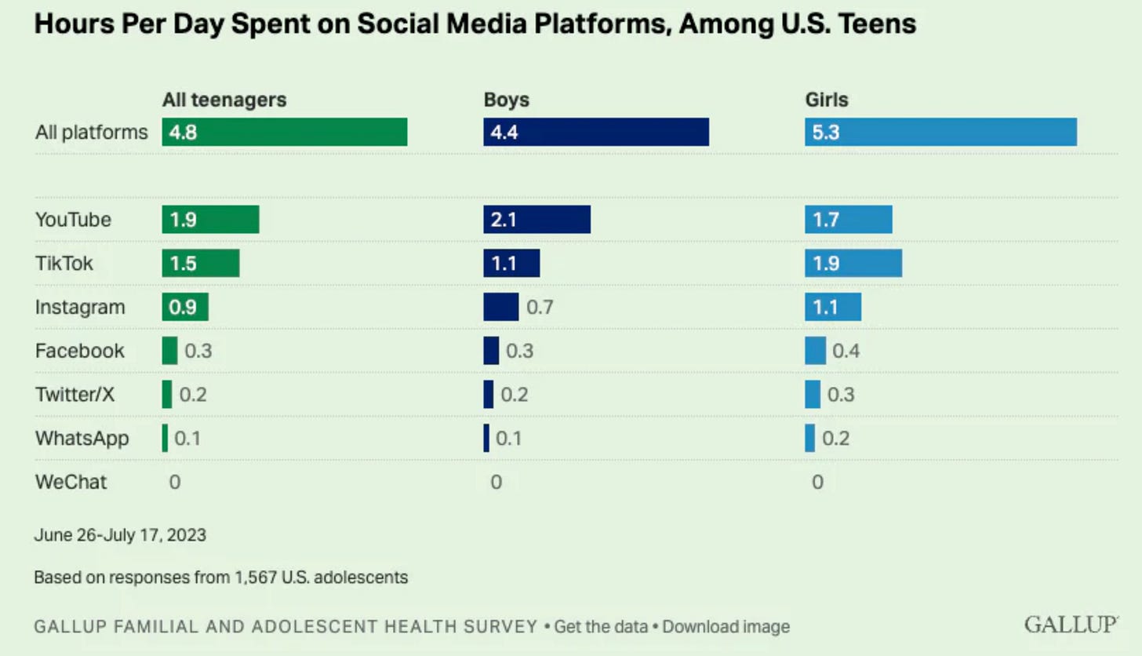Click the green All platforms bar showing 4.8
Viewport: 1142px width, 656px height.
coord(285,132)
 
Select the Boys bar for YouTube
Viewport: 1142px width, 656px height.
coord(536,220)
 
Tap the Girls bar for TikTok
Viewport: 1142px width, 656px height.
coord(853,263)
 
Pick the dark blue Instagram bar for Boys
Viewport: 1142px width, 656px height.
coord(500,307)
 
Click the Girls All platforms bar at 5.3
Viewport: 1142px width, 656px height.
coord(940,132)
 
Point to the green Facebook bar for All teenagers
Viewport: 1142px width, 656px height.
coord(169,350)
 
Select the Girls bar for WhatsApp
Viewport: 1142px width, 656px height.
coord(809,438)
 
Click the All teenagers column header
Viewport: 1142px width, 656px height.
coord(224,100)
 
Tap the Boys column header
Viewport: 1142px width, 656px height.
coord(506,100)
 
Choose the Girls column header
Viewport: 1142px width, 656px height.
coord(827,100)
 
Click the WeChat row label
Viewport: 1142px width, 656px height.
coord(71,481)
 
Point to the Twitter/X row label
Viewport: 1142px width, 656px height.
coord(75,394)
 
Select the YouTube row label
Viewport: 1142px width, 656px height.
coord(73,220)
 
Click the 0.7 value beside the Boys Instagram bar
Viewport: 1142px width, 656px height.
coord(540,307)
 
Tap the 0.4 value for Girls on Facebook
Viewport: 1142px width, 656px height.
coord(846,350)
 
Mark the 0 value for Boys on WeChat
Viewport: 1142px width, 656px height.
coord(496,481)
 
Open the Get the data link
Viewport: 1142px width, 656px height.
coord(601,626)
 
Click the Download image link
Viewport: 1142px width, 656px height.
coord(726,626)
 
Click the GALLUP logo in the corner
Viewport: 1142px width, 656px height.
coord(1071,625)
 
